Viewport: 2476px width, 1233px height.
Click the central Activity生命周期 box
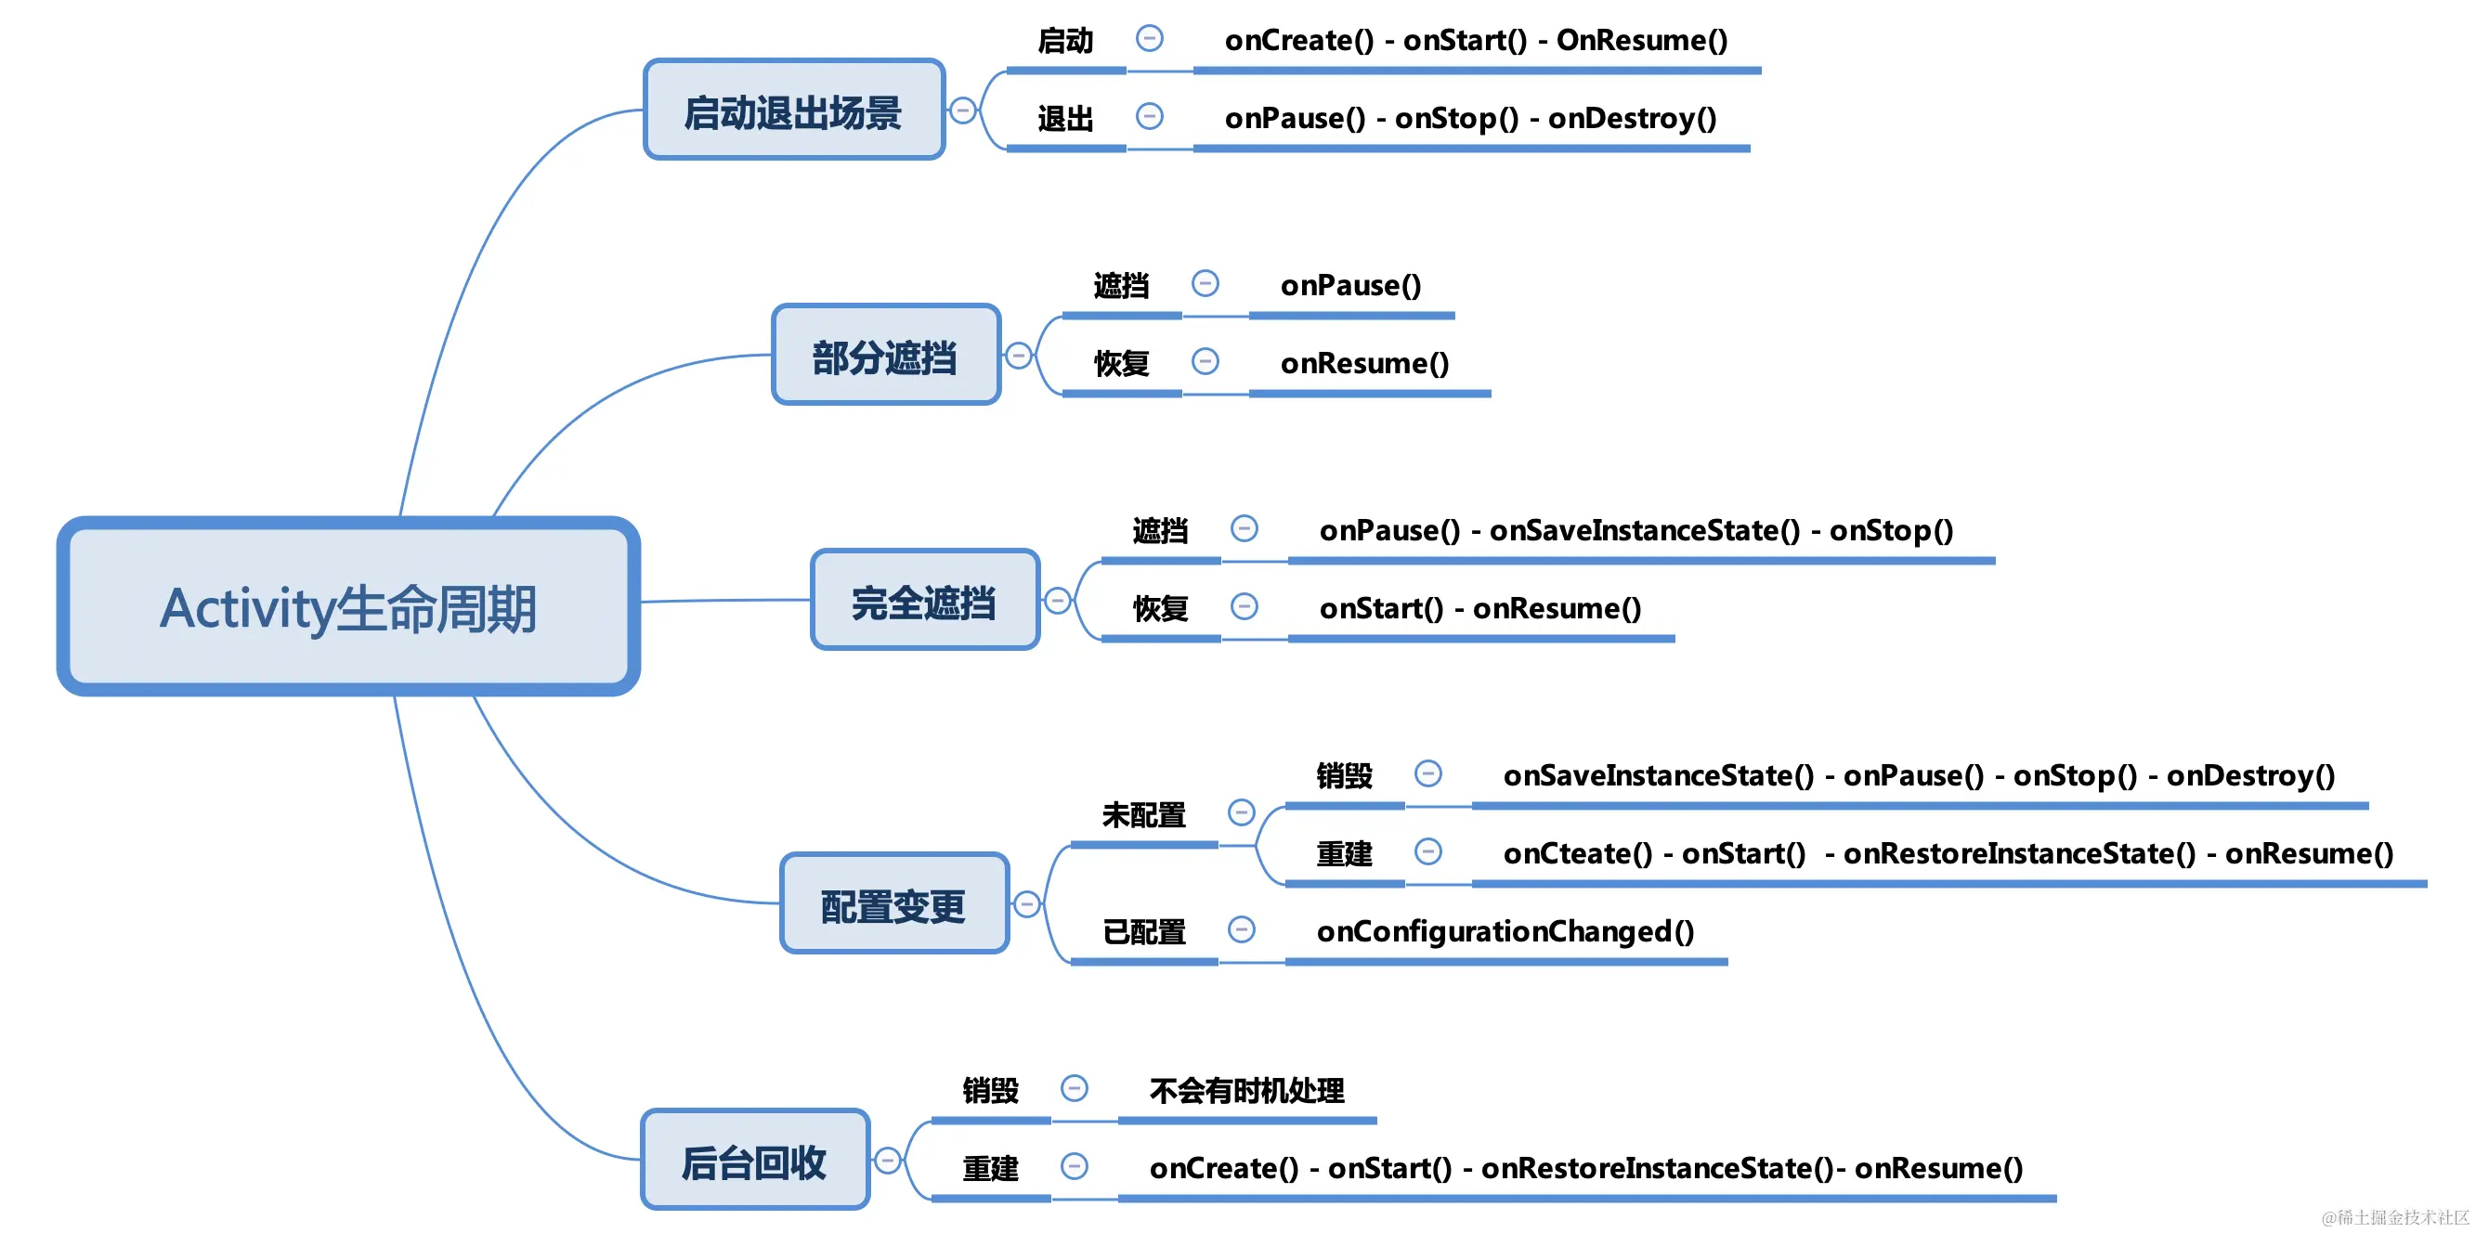point(348,607)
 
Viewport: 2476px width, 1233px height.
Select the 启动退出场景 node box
point(793,110)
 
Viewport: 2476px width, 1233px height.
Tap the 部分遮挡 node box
point(885,356)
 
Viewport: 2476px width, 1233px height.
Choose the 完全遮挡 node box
point(925,601)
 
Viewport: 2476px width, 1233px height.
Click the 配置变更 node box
point(893,904)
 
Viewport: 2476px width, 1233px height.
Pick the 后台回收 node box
point(754,1160)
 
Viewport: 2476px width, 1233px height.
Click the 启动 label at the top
point(1065,40)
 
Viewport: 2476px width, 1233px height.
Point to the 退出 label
point(1065,118)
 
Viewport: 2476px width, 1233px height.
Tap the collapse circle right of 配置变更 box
point(1026,904)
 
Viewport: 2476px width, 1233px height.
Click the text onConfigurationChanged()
point(1505,931)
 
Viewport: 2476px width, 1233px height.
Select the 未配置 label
point(1143,815)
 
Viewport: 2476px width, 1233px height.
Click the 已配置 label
point(1143,931)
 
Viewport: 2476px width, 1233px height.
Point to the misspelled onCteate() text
point(1576,853)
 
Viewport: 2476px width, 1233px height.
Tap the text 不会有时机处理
point(1246,1091)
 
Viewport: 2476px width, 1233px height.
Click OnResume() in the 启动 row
point(1642,40)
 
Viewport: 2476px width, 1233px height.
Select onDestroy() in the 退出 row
point(1632,118)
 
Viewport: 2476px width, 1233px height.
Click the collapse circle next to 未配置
point(1241,813)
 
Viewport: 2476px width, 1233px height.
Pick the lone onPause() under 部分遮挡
point(1349,285)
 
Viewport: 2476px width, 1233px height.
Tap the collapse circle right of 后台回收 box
point(887,1161)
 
